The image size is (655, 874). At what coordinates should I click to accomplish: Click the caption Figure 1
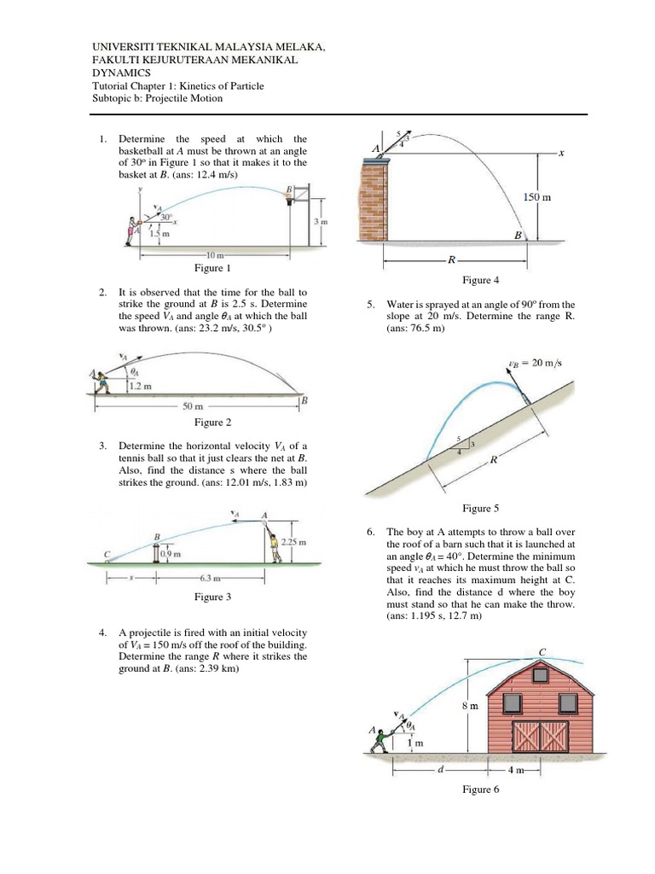(x=212, y=268)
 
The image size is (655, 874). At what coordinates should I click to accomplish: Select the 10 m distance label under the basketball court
(x=213, y=255)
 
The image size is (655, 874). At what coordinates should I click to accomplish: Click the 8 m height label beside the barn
(x=469, y=707)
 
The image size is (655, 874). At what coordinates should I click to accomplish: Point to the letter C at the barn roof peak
(x=541, y=653)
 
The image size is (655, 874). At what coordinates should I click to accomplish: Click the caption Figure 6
(x=481, y=790)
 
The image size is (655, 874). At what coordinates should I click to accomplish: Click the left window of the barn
(x=511, y=702)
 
